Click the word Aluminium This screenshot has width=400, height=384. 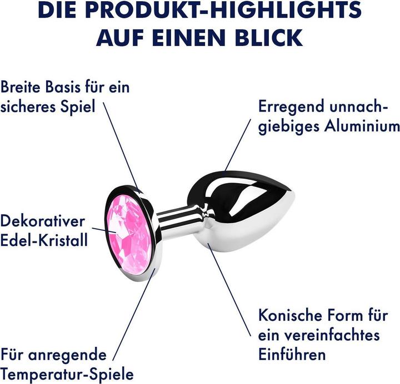[x=362, y=126]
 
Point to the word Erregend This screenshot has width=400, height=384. [x=291, y=107]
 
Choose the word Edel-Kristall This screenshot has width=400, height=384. [x=44, y=240]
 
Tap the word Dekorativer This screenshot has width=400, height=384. [x=42, y=221]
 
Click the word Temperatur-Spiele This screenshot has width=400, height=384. [x=67, y=374]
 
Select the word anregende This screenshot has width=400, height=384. [x=67, y=355]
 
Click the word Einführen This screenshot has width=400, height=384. [x=292, y=354]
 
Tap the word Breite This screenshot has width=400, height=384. [x=21, y=87]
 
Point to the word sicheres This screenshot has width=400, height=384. [x=28, y=107]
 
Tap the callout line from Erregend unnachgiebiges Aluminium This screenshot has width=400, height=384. [x=238, y=145]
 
